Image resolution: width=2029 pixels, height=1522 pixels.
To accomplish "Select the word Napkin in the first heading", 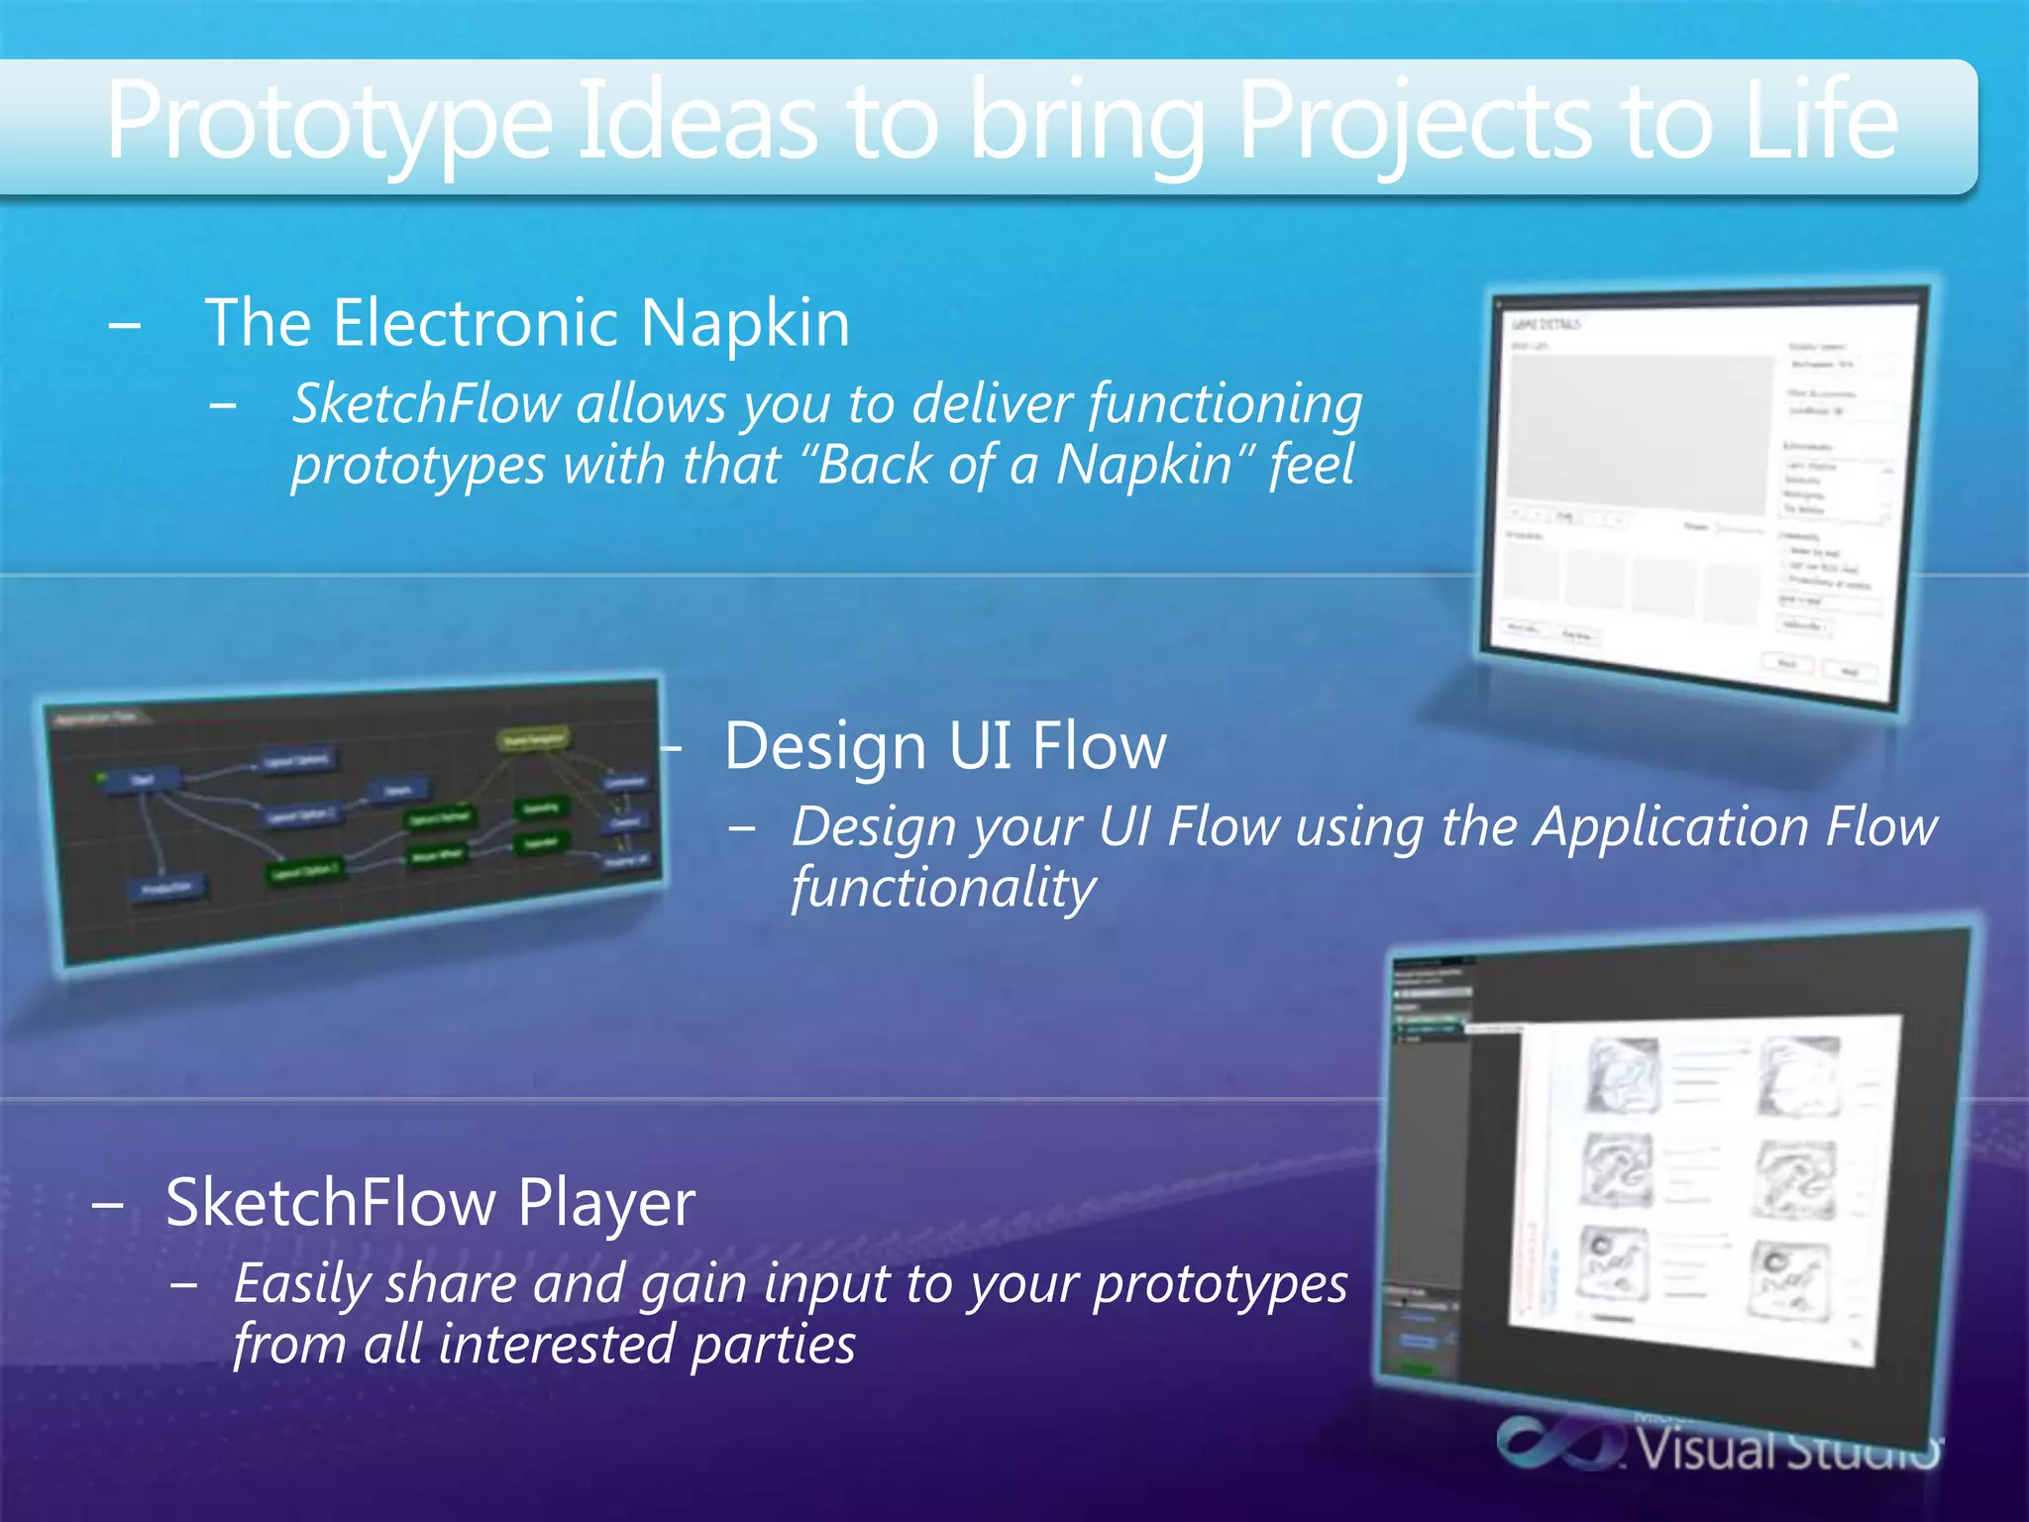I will (744, 324).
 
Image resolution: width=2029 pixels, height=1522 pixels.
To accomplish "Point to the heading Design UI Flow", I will (944, 746).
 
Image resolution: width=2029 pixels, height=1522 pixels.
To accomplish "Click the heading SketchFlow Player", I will (430, 1203).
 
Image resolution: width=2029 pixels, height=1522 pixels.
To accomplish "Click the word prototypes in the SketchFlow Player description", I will (1220, 1285).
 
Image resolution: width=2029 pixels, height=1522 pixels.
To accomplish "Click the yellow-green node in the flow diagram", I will (533, 740).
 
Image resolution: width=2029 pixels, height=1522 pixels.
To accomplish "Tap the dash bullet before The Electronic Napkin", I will (125, 325).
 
